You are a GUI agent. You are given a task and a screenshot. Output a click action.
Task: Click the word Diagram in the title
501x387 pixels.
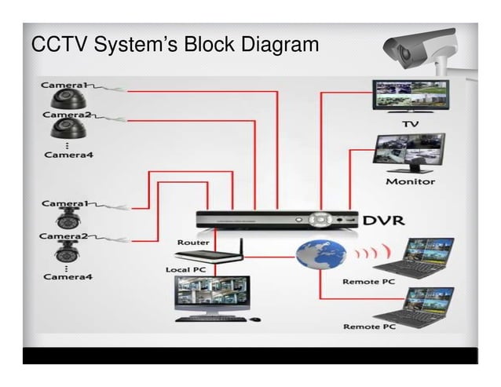point(275,45)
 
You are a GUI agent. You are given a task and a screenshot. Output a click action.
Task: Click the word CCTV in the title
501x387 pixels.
point(59,45)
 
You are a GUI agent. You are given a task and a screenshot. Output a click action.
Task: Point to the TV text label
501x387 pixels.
point(410,124)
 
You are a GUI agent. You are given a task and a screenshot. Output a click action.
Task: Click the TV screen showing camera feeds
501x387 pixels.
point(409,93)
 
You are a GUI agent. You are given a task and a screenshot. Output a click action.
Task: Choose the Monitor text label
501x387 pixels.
point(409,181)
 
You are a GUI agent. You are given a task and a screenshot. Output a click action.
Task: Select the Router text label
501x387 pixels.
point(193,243)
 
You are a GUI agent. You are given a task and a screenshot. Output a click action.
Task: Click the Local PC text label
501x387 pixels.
point(186,269)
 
